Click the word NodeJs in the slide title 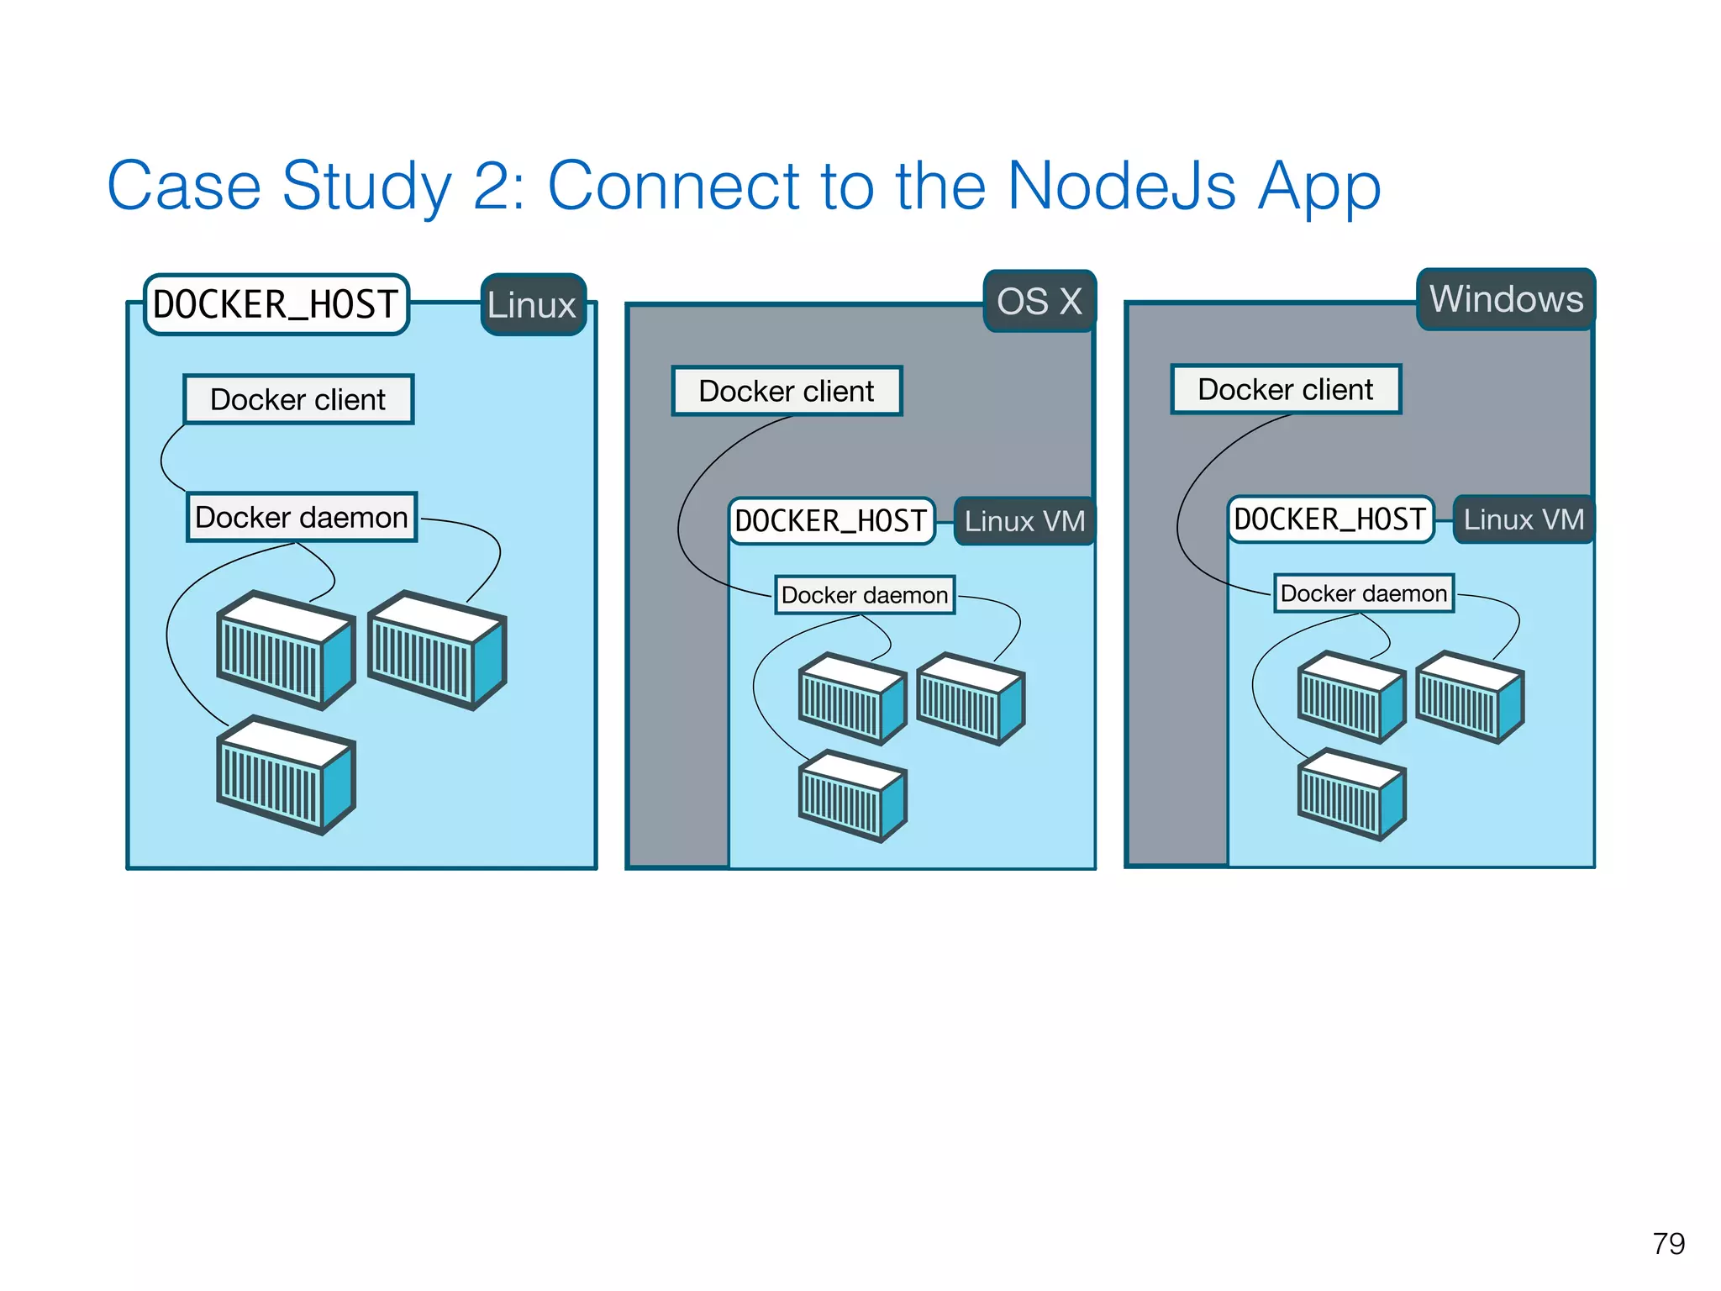(x=1121, y=187)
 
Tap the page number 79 (x=1668, y=1243)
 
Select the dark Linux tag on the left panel (x=532, y=305)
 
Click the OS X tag (x=1039, y=301)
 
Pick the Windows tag (x=1506, y=299)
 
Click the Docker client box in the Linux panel (x=298, y=399)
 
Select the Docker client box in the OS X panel (x=787, y=391)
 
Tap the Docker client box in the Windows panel (x=1286, y=389)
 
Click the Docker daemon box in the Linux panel (x=302, y=517)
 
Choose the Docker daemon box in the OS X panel (x=865, y=595)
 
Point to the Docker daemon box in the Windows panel (x=1364, y=593)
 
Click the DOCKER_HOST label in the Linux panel (x=276, y=304)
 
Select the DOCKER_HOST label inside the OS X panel (x=831, y=521)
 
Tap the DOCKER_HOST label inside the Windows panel (x=1330, y=519)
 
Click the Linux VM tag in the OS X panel (x=1024, y=521)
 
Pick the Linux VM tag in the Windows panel (x=1524, y=519)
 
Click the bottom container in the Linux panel (x=286, y=775)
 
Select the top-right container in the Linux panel (x=437, y=650)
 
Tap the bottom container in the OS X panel (x=852, y=796)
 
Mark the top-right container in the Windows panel (x=1470, y=697)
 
